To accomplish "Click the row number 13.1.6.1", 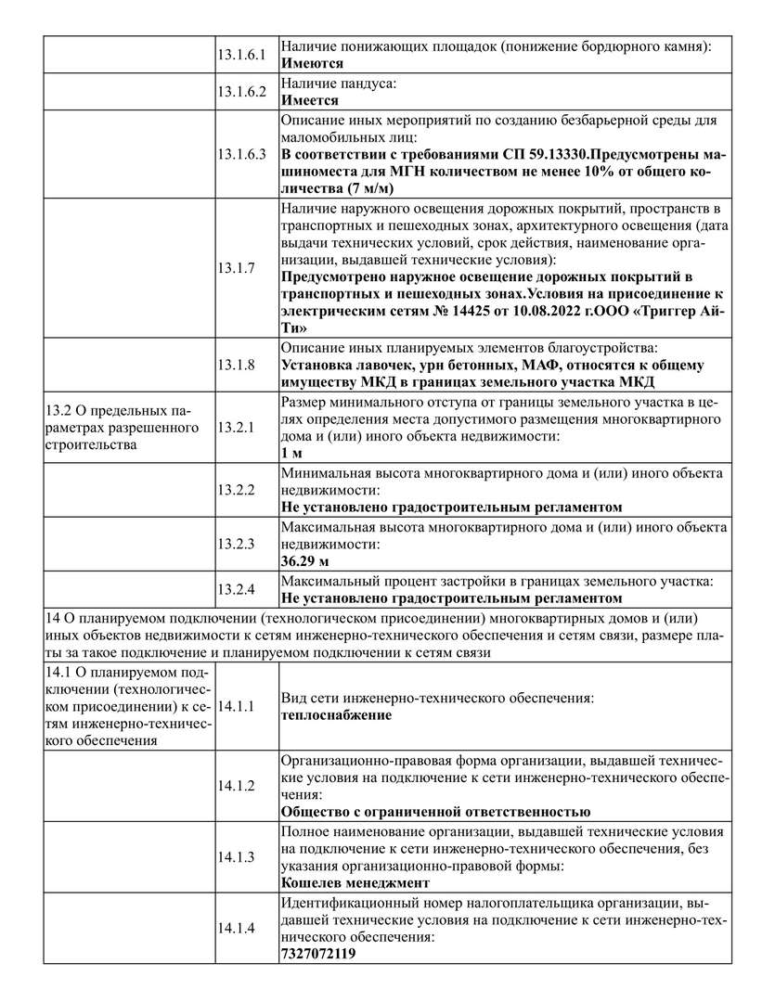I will [241, 55].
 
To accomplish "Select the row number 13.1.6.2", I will [241, 91].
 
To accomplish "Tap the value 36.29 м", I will [305, 560].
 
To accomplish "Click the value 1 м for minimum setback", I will [292, 454].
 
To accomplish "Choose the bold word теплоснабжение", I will [336, 715].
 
